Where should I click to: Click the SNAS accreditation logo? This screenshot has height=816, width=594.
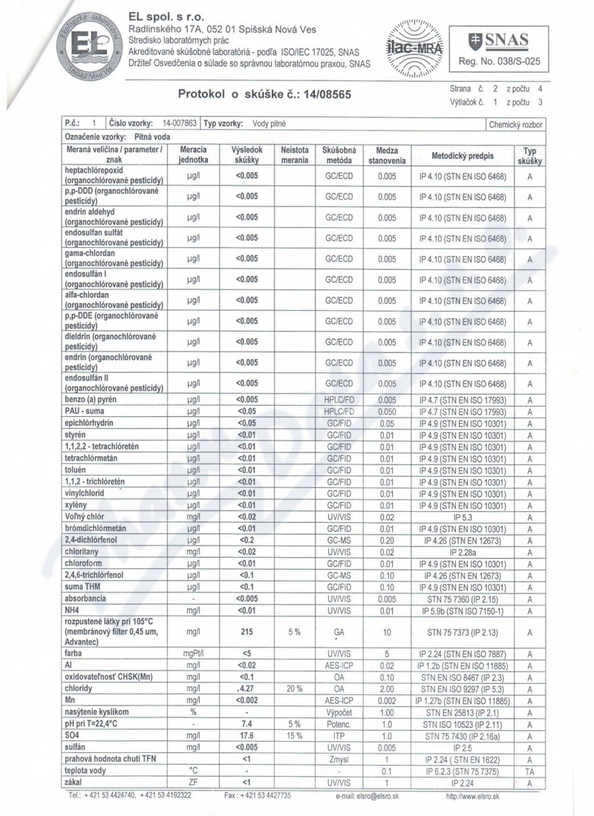499,47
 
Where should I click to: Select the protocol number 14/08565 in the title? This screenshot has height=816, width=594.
322,95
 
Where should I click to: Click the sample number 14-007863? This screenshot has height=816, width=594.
178,123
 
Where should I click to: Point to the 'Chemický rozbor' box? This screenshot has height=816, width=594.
515,124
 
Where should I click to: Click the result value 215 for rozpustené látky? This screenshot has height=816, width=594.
245,631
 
